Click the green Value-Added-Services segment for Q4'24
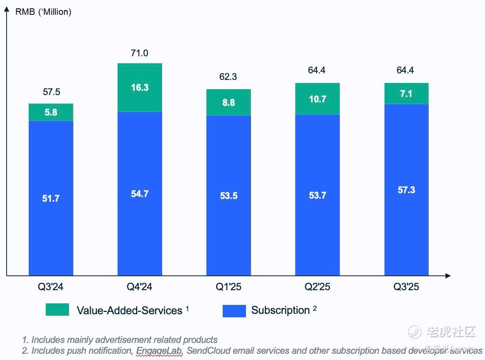tap(140, 78)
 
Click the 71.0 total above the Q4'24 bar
tap(139, 53)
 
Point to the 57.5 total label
tap(51, 92)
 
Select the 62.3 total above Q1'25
tap(228, 77)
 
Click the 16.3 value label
tap(140, 88)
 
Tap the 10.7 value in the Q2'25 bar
tap(317, 99)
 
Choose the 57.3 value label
tap(406, 190)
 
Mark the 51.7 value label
tap(51, 199)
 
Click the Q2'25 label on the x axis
tap(317, 287)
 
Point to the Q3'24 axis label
tap(50, 287)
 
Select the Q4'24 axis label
tap(140, 287)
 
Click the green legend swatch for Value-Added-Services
tap(57, 310)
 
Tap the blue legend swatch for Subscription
tap(234, 311)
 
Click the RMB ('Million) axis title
tap(43, 12)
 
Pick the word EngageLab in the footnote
tap(159, 351)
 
